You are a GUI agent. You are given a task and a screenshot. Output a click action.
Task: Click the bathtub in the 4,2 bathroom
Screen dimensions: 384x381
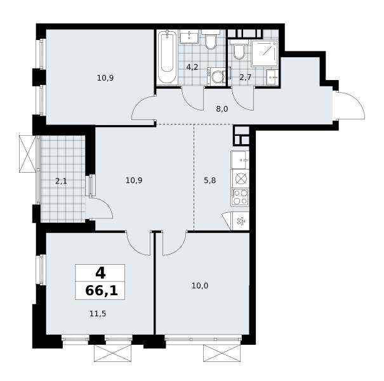[x=168, y=57]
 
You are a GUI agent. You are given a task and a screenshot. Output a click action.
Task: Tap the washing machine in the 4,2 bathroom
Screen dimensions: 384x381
[x=216, y=77]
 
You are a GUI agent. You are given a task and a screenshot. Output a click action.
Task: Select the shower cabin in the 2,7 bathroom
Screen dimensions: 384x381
[x=265, y=53]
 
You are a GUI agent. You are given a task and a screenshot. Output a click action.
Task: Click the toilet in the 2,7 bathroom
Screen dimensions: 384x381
[x=239, y=50]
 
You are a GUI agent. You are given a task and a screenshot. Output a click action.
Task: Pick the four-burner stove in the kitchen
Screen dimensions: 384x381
[x=240, y=197]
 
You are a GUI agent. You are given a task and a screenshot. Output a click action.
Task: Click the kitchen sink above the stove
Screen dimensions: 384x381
[x=240, y=160]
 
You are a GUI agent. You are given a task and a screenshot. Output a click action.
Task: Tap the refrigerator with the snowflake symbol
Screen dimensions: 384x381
[x=241, y=221]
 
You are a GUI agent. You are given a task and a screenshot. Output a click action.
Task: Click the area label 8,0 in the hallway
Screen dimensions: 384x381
[x=222, y=109]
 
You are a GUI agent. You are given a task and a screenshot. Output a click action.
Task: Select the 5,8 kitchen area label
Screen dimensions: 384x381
[x=210, y=180]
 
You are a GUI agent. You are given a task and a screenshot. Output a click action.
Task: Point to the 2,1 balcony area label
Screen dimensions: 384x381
[x=61, y=182]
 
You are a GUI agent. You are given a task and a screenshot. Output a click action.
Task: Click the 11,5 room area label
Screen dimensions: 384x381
[x=98, y=314]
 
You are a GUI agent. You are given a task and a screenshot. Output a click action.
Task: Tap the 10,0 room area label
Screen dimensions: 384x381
[x=200, y=286]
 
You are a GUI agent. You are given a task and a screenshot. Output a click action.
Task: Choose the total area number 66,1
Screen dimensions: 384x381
[x=102, y=291]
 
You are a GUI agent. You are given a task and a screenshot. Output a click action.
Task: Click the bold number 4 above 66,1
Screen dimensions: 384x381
[x=100, y=273]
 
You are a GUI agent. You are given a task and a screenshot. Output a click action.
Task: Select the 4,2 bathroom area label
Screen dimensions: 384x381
[x=192, y=67]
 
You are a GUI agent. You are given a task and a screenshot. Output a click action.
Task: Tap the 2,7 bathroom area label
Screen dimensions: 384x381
[x=246, y=77]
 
